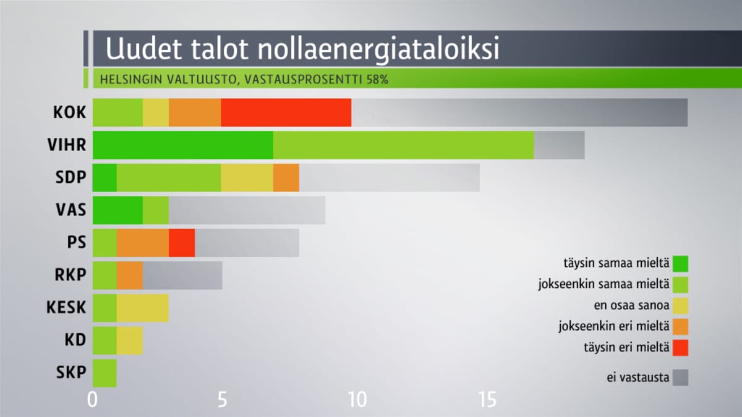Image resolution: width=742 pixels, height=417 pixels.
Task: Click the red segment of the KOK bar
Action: [x=286, y=112]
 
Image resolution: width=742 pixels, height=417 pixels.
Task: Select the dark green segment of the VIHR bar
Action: [x=183, y=145]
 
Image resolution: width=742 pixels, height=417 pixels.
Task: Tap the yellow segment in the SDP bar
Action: [x=247, y=178]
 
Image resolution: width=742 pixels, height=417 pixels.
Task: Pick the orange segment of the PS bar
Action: [x=143, y=243]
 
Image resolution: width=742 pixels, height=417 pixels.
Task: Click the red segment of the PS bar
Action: [x=182, y=243]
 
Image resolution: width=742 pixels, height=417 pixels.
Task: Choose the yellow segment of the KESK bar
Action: [x=143, y=308]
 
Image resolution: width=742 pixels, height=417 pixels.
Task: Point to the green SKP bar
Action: [x=104, y=373]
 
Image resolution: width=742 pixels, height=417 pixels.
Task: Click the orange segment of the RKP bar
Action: [x=129, y=276]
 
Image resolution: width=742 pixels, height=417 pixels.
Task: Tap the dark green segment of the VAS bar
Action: [x=117, y=210]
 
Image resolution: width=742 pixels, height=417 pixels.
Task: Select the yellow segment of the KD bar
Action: [x=129, y=340]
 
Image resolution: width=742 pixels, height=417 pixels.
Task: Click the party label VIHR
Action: [x=67, y=145]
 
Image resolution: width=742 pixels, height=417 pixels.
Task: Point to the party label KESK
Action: [x=66, y=308]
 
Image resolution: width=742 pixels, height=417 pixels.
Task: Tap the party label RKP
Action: [x=70, y=275]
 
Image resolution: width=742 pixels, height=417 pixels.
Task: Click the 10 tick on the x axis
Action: [x=358, y=400]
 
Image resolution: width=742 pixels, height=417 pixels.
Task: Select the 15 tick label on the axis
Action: [x=488, y=400]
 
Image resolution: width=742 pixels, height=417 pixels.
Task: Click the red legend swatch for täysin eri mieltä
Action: [x=680, y=348]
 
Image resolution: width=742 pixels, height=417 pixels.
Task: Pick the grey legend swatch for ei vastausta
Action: [x=680, y=377]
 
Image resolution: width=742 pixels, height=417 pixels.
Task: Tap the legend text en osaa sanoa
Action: [x=631, y=305]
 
